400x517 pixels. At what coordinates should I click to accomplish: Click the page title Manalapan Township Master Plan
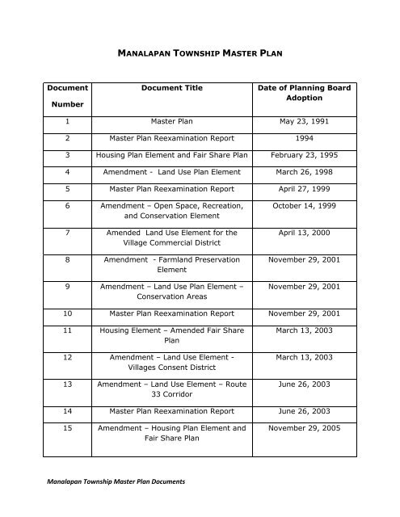[x=199, y=58]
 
